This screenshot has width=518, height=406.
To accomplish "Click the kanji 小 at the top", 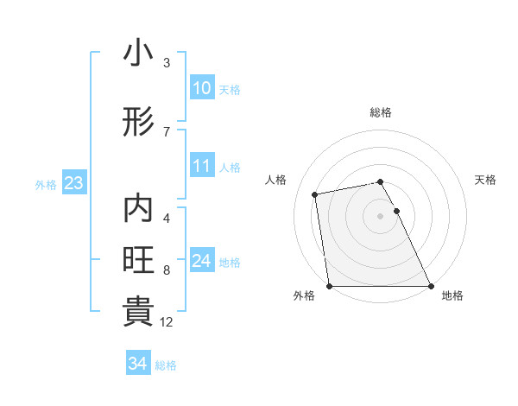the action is point(138,54).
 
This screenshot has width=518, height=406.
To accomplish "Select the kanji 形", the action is point(138,123).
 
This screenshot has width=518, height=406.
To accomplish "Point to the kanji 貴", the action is point(138,312).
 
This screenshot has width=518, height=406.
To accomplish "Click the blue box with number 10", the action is point(201,88).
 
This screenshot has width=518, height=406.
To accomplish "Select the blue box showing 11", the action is point(201,165).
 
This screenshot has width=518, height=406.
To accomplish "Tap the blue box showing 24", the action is point(201,261).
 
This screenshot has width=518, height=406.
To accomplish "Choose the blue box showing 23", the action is point(73,183).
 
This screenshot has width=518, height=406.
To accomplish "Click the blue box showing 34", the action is point(137,364).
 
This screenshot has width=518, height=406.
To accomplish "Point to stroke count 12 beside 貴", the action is point(167,322).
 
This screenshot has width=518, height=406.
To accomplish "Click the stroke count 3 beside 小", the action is point(167,63).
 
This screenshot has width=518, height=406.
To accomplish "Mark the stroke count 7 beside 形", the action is point(167,131).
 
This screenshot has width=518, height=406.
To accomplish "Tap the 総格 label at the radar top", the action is point(380,112).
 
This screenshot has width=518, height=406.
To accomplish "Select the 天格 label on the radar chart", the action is point(485,180).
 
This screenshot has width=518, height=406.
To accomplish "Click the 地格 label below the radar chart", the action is point(452,295).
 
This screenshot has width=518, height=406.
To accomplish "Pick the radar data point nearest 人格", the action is point(315,194).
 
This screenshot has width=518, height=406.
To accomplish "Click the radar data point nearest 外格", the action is point(330,285).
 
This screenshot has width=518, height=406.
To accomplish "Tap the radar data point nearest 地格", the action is point(430,285).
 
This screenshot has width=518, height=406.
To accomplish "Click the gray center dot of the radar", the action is point(380,216).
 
